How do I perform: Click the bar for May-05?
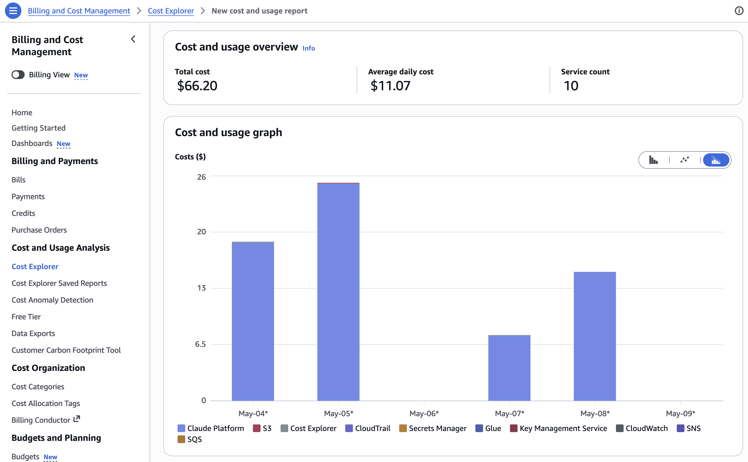(338, 292)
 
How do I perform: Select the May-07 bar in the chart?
(509, 368)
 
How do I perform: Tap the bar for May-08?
(595, 336)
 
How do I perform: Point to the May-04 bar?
(253, 321)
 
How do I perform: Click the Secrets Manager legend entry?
(433, 428)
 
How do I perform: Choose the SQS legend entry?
(190, 439)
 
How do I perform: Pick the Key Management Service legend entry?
(558, 428)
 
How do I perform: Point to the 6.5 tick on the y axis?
(201, 344)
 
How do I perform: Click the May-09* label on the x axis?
(680, 413)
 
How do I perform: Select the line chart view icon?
(684, 160)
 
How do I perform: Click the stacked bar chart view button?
(716, 160)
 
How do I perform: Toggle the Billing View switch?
(18, 75)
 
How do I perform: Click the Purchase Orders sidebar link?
(39, 230)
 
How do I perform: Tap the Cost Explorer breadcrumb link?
(171, 11)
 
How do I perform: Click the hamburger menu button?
(13, 11)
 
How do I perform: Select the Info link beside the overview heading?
(309, 48)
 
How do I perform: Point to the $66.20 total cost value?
(197, 86)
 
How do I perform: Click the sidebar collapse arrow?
(133, 39)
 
